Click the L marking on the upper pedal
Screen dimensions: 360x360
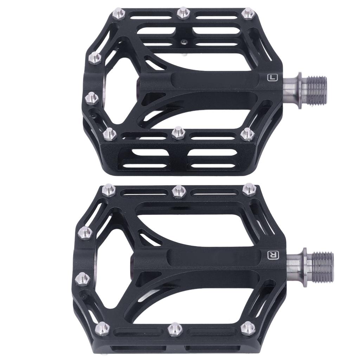(x=271, y=77)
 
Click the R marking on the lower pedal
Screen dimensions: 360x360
(x=272, y=255)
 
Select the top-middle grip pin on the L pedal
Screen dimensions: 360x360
(x=182, y=13)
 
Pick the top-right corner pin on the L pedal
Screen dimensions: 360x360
(x=248, y=13)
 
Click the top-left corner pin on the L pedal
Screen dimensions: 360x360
(x=118, y=14)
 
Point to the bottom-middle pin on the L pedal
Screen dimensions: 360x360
(x=178, y=133)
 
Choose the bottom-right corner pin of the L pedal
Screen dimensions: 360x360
(x=247, y=134)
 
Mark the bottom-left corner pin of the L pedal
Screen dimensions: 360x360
(x=110, y=134)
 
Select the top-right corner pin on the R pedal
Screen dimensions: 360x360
(x=249, y=189)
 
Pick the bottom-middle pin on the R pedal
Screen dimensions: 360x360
(x=174, y=329)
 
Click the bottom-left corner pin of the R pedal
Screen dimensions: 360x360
(x=102, y=328)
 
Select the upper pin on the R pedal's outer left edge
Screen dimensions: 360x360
(x=85, y=232)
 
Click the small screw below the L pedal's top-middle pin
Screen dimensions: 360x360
(x=183, y=42)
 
